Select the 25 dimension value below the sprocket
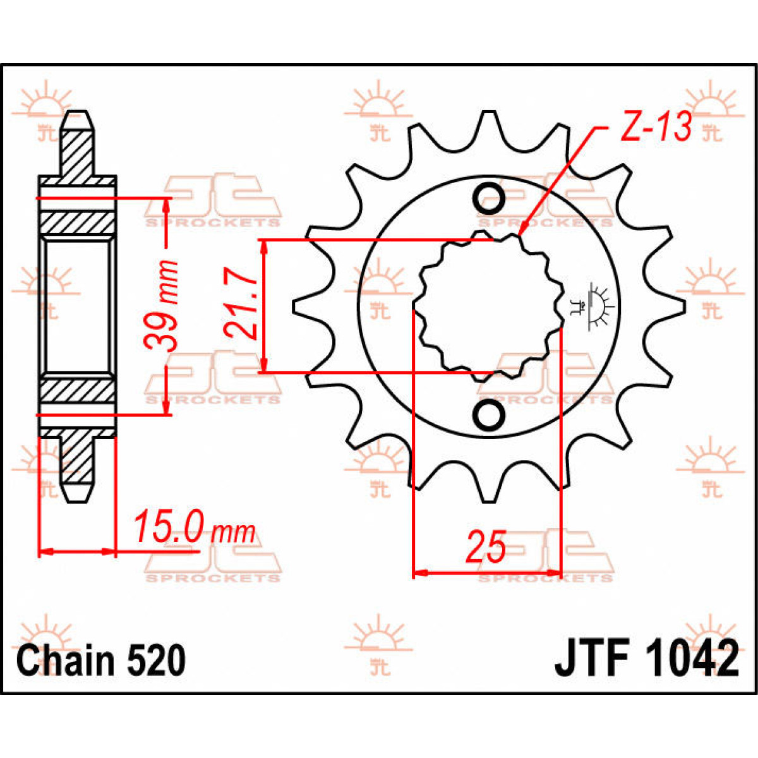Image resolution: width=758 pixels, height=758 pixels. coord(486,547)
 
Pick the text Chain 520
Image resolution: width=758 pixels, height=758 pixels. coord(101,661)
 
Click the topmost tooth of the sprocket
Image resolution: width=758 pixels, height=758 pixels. coord(487,126)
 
